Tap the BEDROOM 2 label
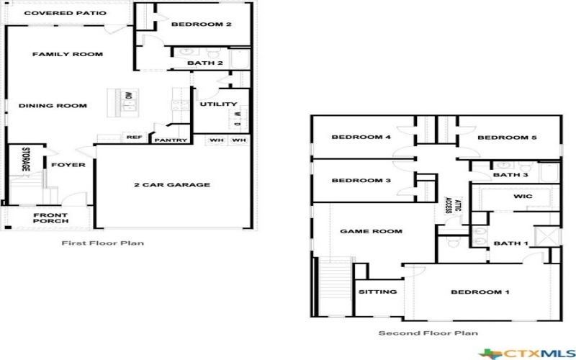click(201, 24)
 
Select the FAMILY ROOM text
click(68, 54)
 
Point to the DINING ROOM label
click(53, 106)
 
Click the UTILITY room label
click(213, 105)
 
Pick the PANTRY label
click(171, 140)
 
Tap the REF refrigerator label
click(134, 137)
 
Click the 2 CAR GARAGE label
click(172, 185)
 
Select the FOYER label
click(68, 165)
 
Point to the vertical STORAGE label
click(25, 159)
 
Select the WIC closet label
click(522, 196)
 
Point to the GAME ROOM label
click(371, 231)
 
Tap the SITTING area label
click(377, 292)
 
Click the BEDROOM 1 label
click(480, 292)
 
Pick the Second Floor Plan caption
click(428, 333)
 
